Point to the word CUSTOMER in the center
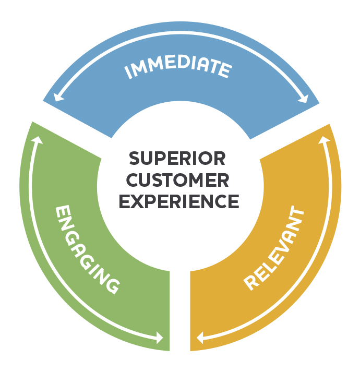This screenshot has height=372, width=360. coord(177,179)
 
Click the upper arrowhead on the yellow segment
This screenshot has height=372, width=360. coord(323,140)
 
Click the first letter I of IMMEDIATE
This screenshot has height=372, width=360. coord(128,74)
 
